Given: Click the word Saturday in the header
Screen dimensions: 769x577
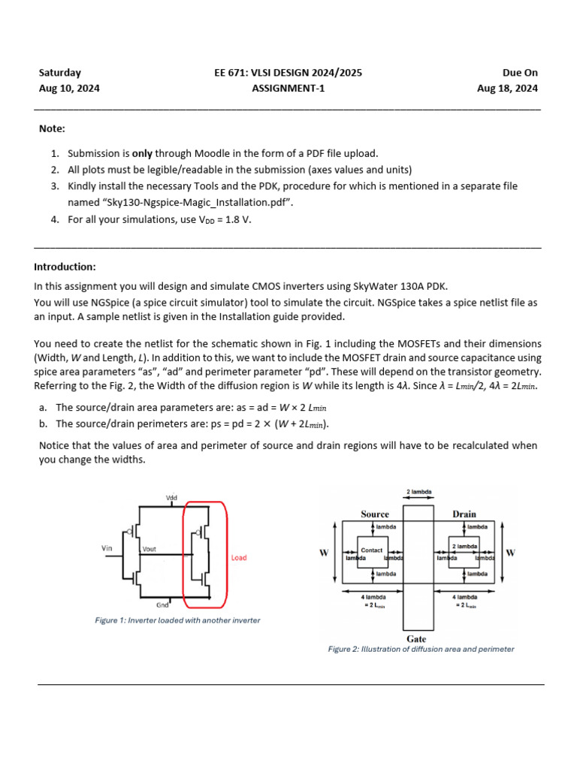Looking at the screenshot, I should (60, 73).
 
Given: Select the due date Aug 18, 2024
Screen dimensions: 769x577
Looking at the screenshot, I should (507, 88).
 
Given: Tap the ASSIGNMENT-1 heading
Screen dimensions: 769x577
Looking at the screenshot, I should (288, 88).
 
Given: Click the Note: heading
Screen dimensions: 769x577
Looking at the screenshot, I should (52, 128).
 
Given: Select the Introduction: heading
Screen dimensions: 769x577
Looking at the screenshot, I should (65, 267).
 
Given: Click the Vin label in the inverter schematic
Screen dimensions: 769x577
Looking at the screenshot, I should (107, 548).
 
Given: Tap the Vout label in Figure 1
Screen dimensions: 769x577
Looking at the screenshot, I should (150, 550).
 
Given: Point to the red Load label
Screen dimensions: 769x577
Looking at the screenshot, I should (239, 558).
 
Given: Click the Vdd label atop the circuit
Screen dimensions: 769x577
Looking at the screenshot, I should (171, 498).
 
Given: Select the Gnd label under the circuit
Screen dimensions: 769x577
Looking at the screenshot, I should (162, 605).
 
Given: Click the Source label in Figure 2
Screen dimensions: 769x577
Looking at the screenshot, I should (374, 514).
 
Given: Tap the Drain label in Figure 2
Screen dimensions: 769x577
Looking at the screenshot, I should (464, 514).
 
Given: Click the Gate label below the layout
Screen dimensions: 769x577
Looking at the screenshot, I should (416, 639).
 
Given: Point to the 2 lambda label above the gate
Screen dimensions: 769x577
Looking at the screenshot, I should (418, 493).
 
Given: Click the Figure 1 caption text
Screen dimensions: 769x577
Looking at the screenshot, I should (177, 620).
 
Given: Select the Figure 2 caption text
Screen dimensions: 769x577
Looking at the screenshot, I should (421, 649).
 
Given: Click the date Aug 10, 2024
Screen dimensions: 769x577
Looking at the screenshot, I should (69, 88).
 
